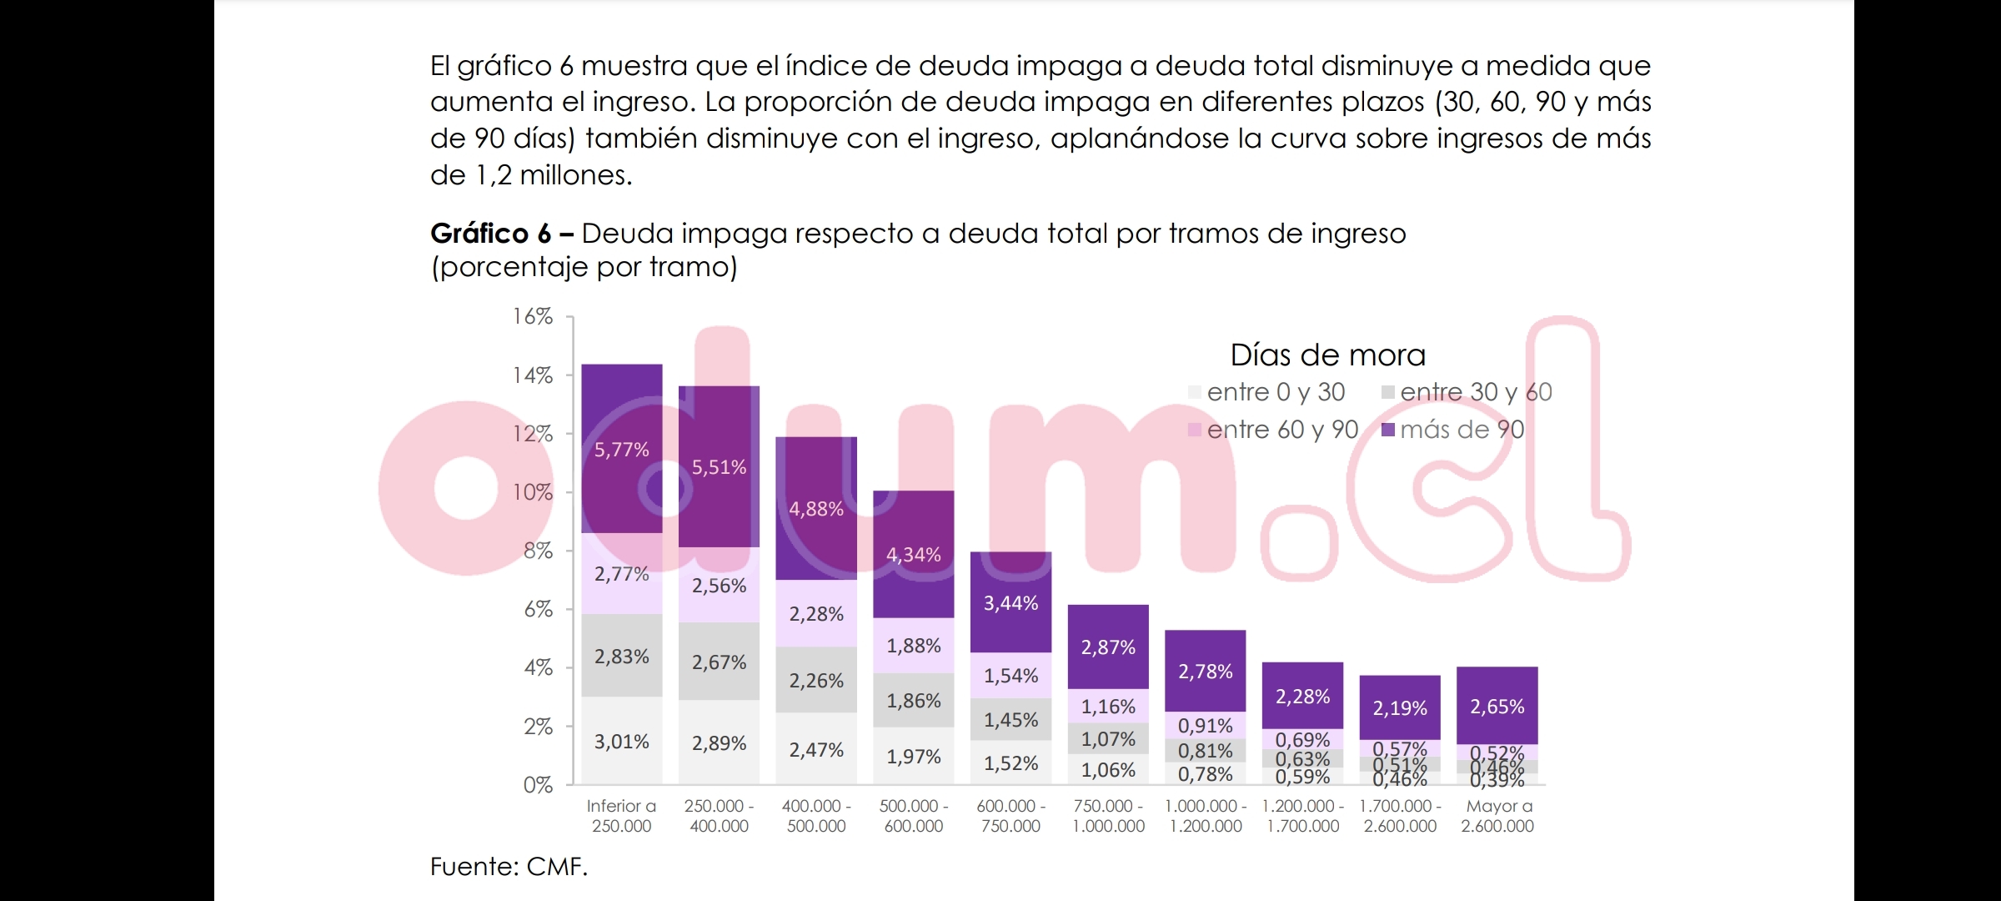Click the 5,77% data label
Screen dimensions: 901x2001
pos(621,450)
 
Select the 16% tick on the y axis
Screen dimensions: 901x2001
pos(533,316)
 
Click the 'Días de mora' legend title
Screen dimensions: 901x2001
pos(1327,355)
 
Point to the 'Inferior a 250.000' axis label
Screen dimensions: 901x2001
pos(621,816)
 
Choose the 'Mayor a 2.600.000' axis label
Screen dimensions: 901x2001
pos(1497,816)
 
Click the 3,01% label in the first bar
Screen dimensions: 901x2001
pos(621,742)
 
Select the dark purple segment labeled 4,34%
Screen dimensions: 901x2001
pos(914,555)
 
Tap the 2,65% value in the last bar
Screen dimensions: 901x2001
pos(1497,707)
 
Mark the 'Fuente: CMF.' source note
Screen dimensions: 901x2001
pos(509,867)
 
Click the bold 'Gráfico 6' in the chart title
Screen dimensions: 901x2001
pos(490,234)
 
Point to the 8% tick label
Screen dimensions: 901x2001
pos(538,551)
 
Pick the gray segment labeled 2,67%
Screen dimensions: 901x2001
pos(719,662)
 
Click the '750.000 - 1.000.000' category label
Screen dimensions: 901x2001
pos(1108,816)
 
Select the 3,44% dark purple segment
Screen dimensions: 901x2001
pos(1011,603)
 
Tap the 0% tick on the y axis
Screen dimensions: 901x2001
pos(538,785)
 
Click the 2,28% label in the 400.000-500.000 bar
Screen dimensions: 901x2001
pos(816,614)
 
